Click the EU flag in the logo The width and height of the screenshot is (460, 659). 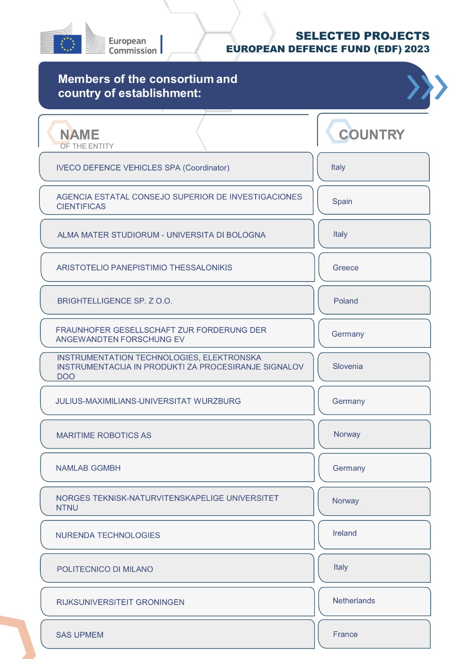[67, 44]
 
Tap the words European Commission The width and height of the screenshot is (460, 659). [132, 46]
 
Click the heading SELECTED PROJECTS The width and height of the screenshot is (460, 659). [362, 36]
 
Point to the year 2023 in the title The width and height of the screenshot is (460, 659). [417, 49]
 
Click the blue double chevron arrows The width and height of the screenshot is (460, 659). [427, 87]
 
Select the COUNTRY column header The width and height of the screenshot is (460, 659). [371, 135]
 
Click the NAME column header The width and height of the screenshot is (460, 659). [80, 135]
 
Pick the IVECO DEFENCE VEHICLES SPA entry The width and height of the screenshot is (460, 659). [143, 168]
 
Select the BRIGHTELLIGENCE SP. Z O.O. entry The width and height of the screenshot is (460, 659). [114, 301]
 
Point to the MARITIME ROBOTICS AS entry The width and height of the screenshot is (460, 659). [104, 435]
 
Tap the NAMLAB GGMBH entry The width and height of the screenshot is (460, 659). [88, 468]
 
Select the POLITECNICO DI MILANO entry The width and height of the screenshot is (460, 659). [105, 569]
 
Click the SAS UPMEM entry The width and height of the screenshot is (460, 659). [80, 634]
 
